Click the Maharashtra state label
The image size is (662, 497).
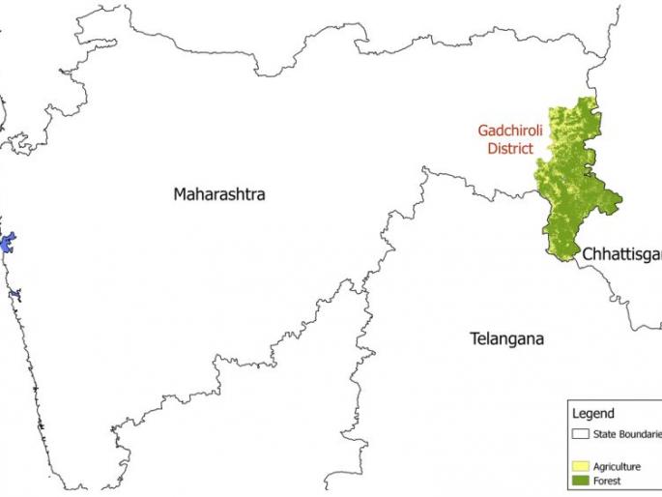click(219, 194)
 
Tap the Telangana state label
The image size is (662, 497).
click(506, 339)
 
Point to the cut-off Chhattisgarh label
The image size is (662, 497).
click(620, 254)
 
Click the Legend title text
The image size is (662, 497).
click(593, 414)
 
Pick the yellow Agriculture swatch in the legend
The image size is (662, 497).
click(581, 466)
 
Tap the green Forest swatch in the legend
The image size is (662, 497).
click(581, 481)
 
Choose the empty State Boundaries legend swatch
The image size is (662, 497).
click(581, 434)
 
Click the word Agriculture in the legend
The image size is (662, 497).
click(619, 466)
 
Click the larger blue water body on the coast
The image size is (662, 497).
click(8, 243)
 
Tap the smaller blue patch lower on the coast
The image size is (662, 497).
click(14, 294)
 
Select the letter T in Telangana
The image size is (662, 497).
click(475, 339)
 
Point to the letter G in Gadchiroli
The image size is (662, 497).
click(481, 132)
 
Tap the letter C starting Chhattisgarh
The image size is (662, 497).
click(587, 254)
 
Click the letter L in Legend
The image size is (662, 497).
click(576, 414)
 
